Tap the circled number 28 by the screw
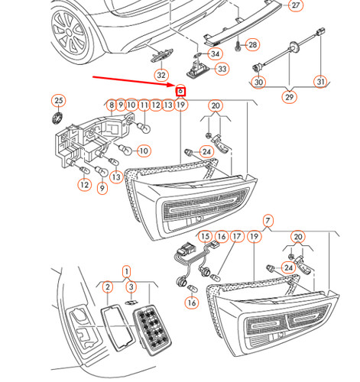point(253,45)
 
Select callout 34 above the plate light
point(215,54)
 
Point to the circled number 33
point(222,70)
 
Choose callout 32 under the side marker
point(161,75)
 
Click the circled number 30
point(259,83)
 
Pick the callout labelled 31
point(321,82)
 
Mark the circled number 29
point(289,99)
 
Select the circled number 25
point(58,101)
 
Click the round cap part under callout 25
point(57,118)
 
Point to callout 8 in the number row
point(112,105)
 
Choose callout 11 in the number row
point(143,105)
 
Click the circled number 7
point(268,222)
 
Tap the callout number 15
point(204,238)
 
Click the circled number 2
point(109,287)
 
